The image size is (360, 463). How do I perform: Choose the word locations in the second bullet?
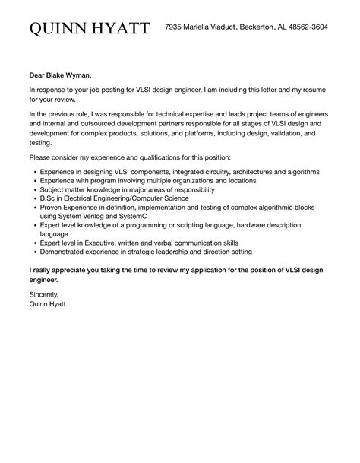point(242,181)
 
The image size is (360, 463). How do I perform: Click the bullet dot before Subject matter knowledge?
point(35,190)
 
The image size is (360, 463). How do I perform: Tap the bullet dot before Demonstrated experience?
point(35,252)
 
